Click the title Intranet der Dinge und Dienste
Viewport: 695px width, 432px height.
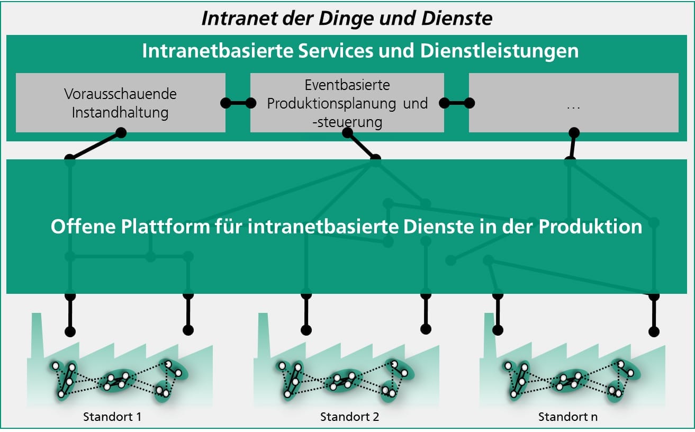pos(347,19)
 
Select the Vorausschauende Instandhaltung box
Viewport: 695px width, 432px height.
pos(120,103)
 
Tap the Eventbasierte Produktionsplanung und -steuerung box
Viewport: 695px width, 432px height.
pos(347,103)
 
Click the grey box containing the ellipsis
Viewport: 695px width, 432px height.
pos(573,103)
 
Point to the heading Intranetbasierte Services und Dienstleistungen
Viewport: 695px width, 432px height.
pos(360,51)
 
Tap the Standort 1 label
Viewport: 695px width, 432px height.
pos(112,417)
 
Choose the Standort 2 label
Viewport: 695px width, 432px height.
pos(349,417)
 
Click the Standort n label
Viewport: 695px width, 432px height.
pos(568,417)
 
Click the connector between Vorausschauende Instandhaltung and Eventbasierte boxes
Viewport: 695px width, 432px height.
pos(238,103)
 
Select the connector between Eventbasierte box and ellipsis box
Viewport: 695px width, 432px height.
pos(456,103)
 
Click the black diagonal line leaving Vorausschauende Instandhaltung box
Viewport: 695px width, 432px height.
pos(95,146)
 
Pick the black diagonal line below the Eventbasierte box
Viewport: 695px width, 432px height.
pos(362,146)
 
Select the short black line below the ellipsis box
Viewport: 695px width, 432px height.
pos(572,145)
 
